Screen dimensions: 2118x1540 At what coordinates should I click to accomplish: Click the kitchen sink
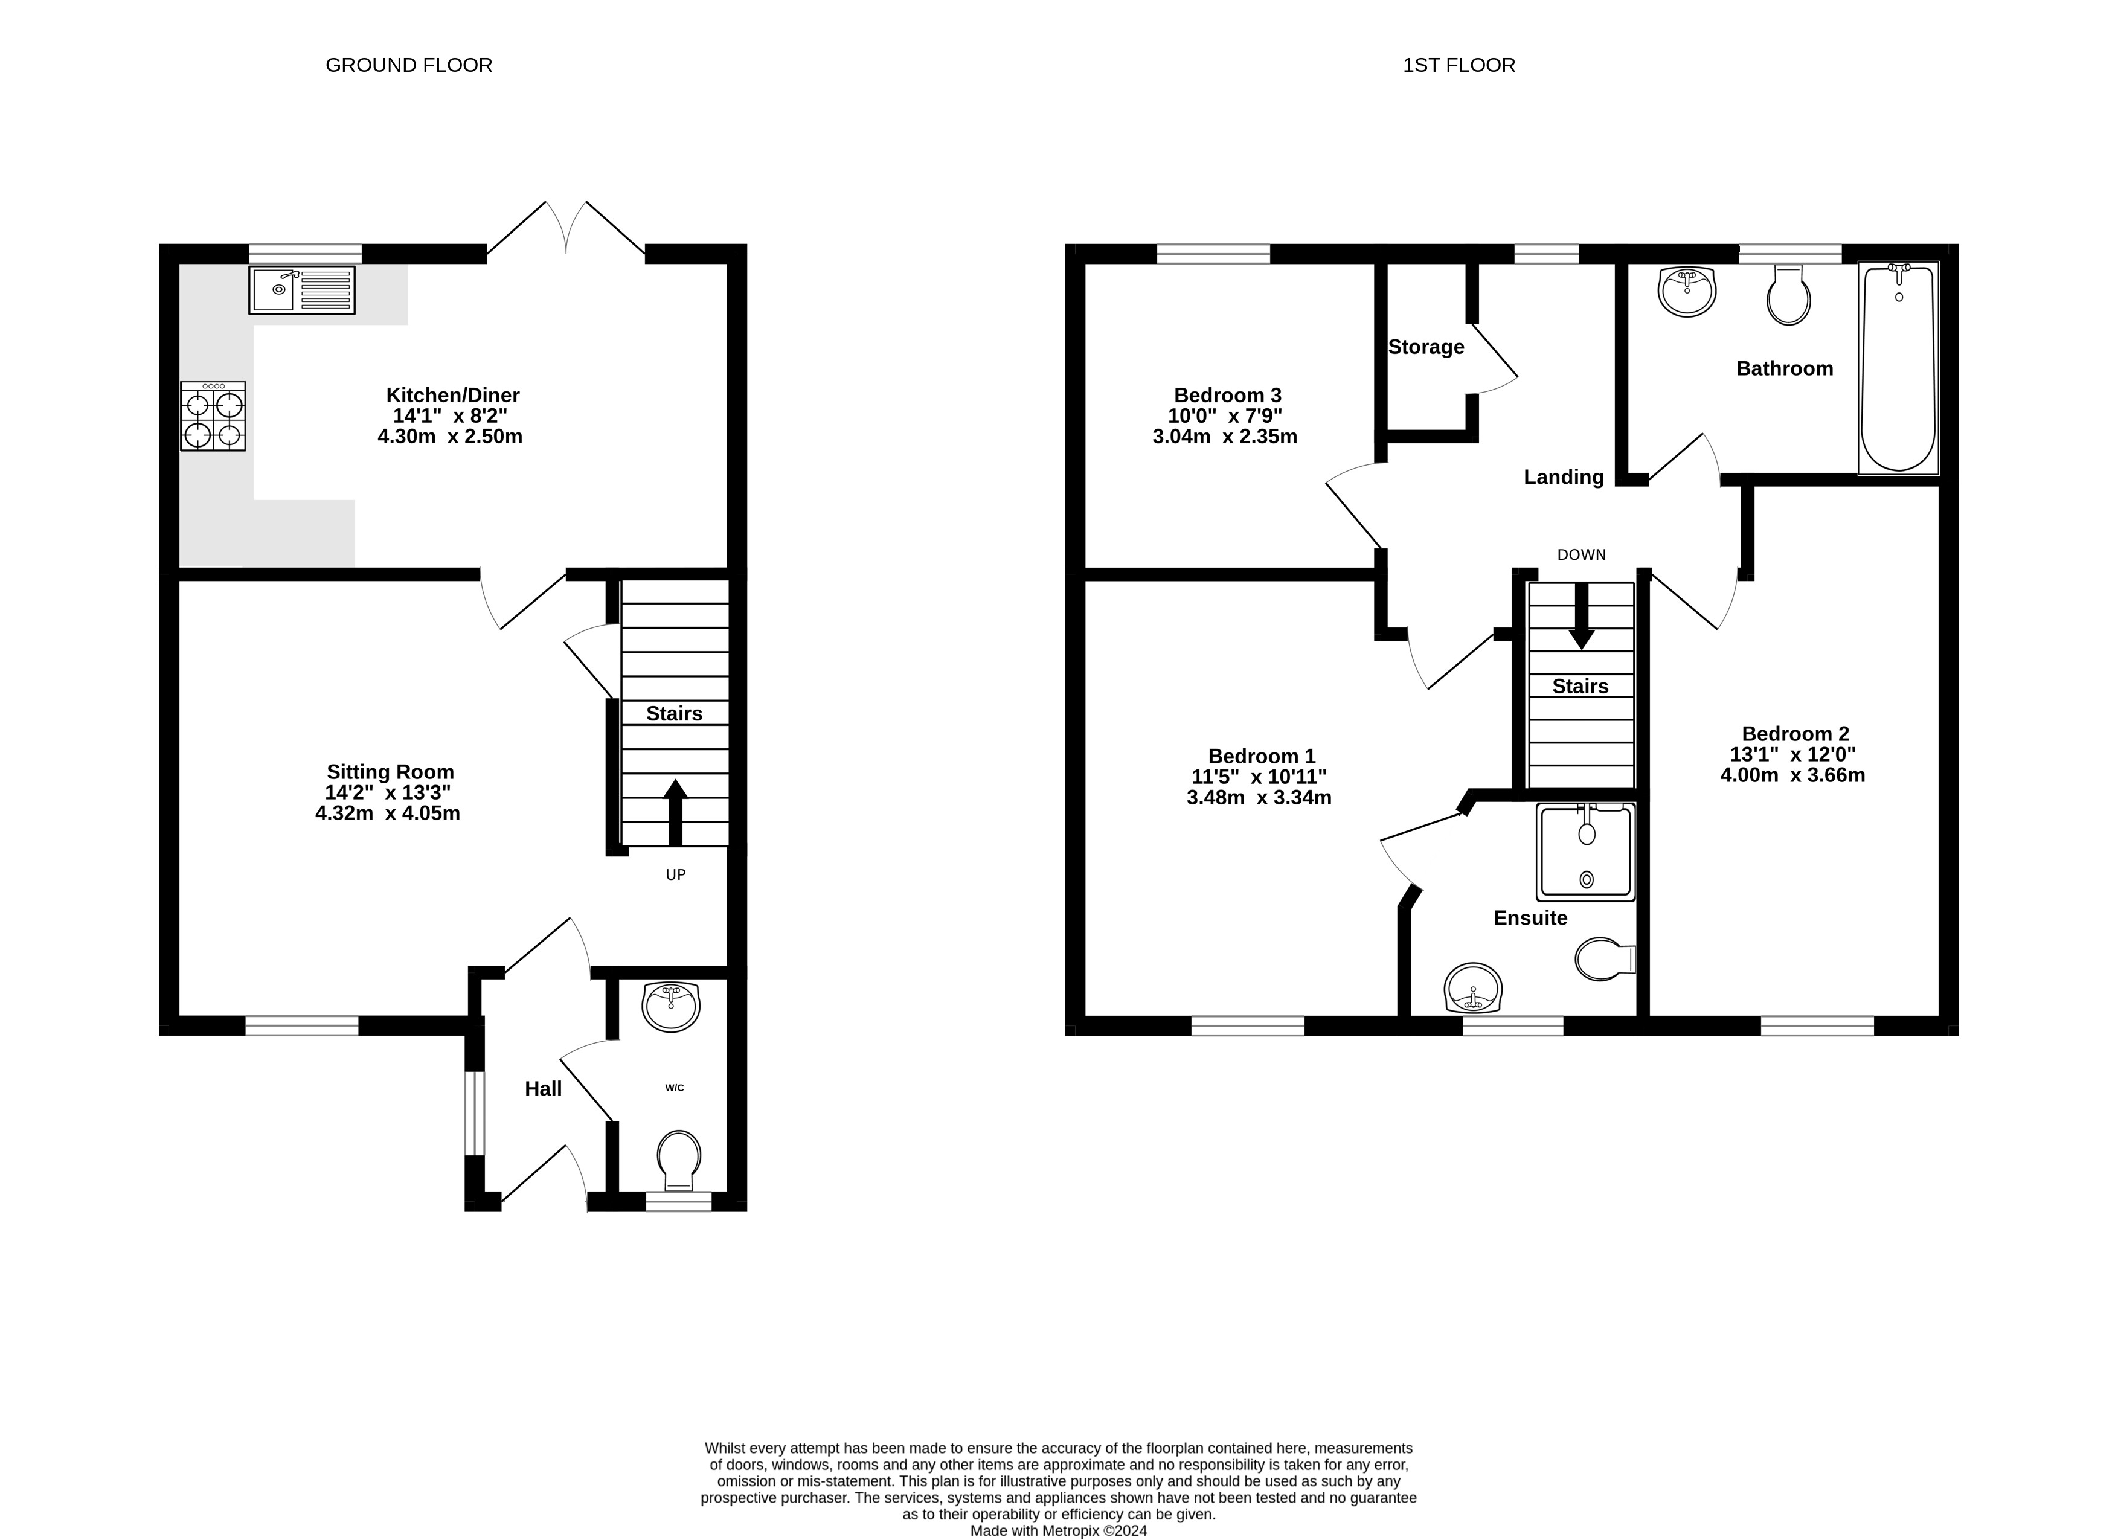point(301,289)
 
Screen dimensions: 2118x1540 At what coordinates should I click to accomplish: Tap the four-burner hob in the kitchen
point(213,417)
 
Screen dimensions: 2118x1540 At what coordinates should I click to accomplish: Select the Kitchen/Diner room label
point(453,395)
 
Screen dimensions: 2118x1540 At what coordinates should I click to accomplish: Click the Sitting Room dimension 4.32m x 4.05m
point(388,812)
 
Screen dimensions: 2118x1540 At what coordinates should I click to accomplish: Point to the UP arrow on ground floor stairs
point(675,812)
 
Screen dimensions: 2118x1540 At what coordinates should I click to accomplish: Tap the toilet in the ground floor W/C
point(679,1160)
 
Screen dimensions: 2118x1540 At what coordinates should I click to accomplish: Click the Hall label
point(544,1089)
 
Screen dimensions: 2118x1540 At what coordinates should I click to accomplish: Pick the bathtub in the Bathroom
point(1899,369)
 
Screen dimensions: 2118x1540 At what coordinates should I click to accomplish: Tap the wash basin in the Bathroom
point(1687,290)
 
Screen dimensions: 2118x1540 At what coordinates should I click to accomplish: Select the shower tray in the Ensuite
point(1586,852)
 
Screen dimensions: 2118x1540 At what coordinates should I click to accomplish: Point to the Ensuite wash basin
point(1474,988)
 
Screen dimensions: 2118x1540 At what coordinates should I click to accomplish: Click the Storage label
point(1426,347)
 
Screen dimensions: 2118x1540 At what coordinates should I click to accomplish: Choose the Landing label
point(1564,477)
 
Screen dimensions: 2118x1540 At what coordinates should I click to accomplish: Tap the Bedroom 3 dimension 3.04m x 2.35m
point(1225,436)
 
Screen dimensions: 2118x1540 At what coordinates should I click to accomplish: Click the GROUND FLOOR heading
point(409,65)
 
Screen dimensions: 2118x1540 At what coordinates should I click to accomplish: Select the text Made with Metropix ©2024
point(1059,1531)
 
